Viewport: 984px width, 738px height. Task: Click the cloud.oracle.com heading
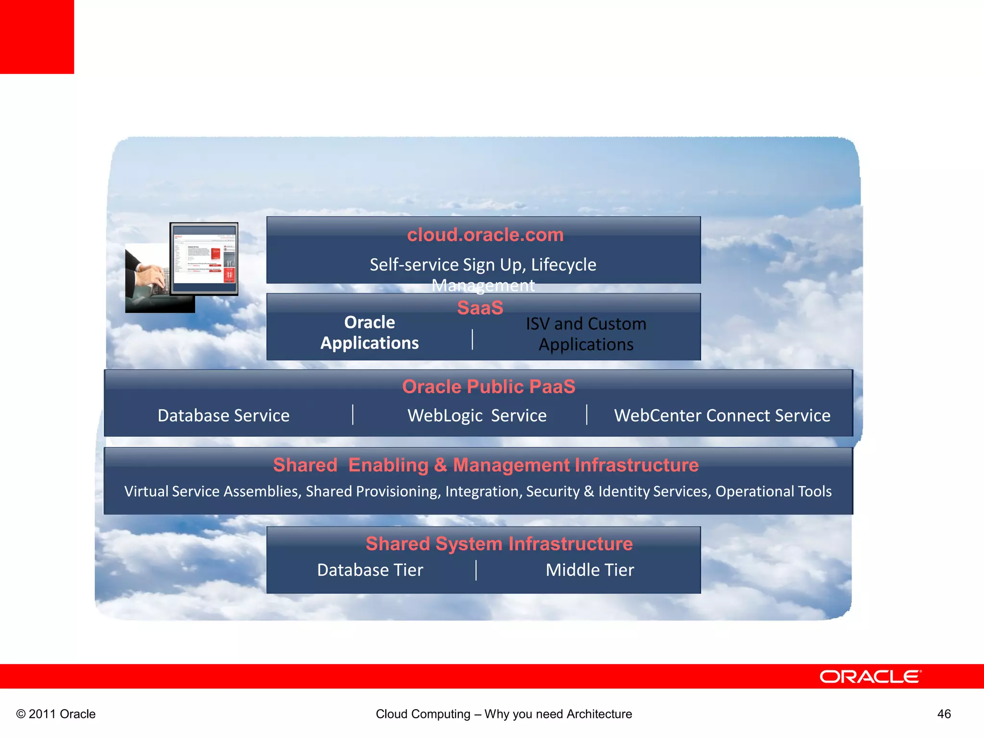point(485,235)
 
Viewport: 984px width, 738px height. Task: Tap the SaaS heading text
point(480,308)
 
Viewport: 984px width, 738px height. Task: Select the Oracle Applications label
point(369,332)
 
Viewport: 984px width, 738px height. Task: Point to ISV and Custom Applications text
point(586,334)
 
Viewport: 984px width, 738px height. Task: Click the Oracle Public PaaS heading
point(489,387)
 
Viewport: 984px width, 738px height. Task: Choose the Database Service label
point(223,416)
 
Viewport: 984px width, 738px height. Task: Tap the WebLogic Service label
point(477,416)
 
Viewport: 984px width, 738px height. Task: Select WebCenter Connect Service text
point(722,416)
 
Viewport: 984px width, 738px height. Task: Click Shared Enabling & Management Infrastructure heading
point(486,465)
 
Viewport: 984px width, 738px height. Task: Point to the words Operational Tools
point(774,492)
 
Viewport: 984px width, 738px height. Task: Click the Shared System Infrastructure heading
point(499,544)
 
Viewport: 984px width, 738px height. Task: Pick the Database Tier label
point(370,570)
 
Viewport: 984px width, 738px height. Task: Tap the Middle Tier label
point(590,570)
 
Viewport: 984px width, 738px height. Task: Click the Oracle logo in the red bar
point(870,676)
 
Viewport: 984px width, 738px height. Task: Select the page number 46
point(944,714)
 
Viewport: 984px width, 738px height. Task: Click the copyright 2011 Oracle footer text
point(56,714)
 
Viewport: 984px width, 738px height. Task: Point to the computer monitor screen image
point(204,258)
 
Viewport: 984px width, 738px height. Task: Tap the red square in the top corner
point(37,37)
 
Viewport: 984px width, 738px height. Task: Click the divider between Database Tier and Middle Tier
point(476,570)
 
